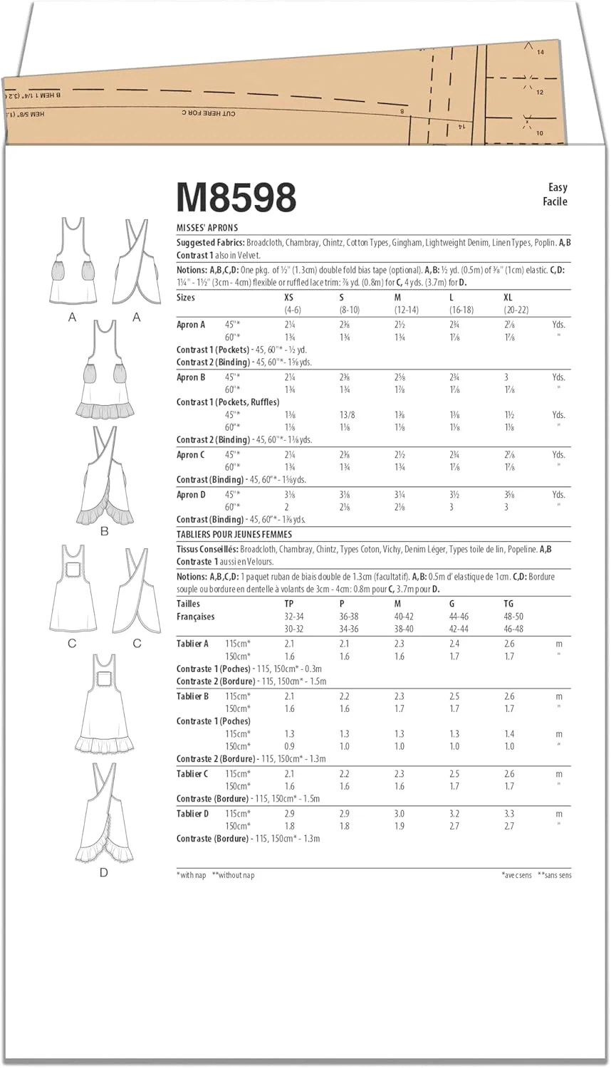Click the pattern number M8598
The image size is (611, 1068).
coord(236,198)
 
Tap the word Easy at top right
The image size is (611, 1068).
coord(558,187)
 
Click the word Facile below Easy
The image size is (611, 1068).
coord(555,201)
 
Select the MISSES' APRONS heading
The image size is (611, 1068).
coord(207,228)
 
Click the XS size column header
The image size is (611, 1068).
coord(288,297)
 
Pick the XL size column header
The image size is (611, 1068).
coord(508,297)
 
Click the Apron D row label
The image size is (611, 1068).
coord(191,495)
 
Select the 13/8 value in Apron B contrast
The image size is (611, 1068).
coord(348,415)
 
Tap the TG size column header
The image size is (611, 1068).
coord(508,603)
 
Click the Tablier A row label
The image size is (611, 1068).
coord(192,644)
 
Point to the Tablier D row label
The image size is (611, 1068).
coord(192,814)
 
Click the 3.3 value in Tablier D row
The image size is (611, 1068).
coord(508,814)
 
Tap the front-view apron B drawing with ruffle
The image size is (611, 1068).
coord(104,370)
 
